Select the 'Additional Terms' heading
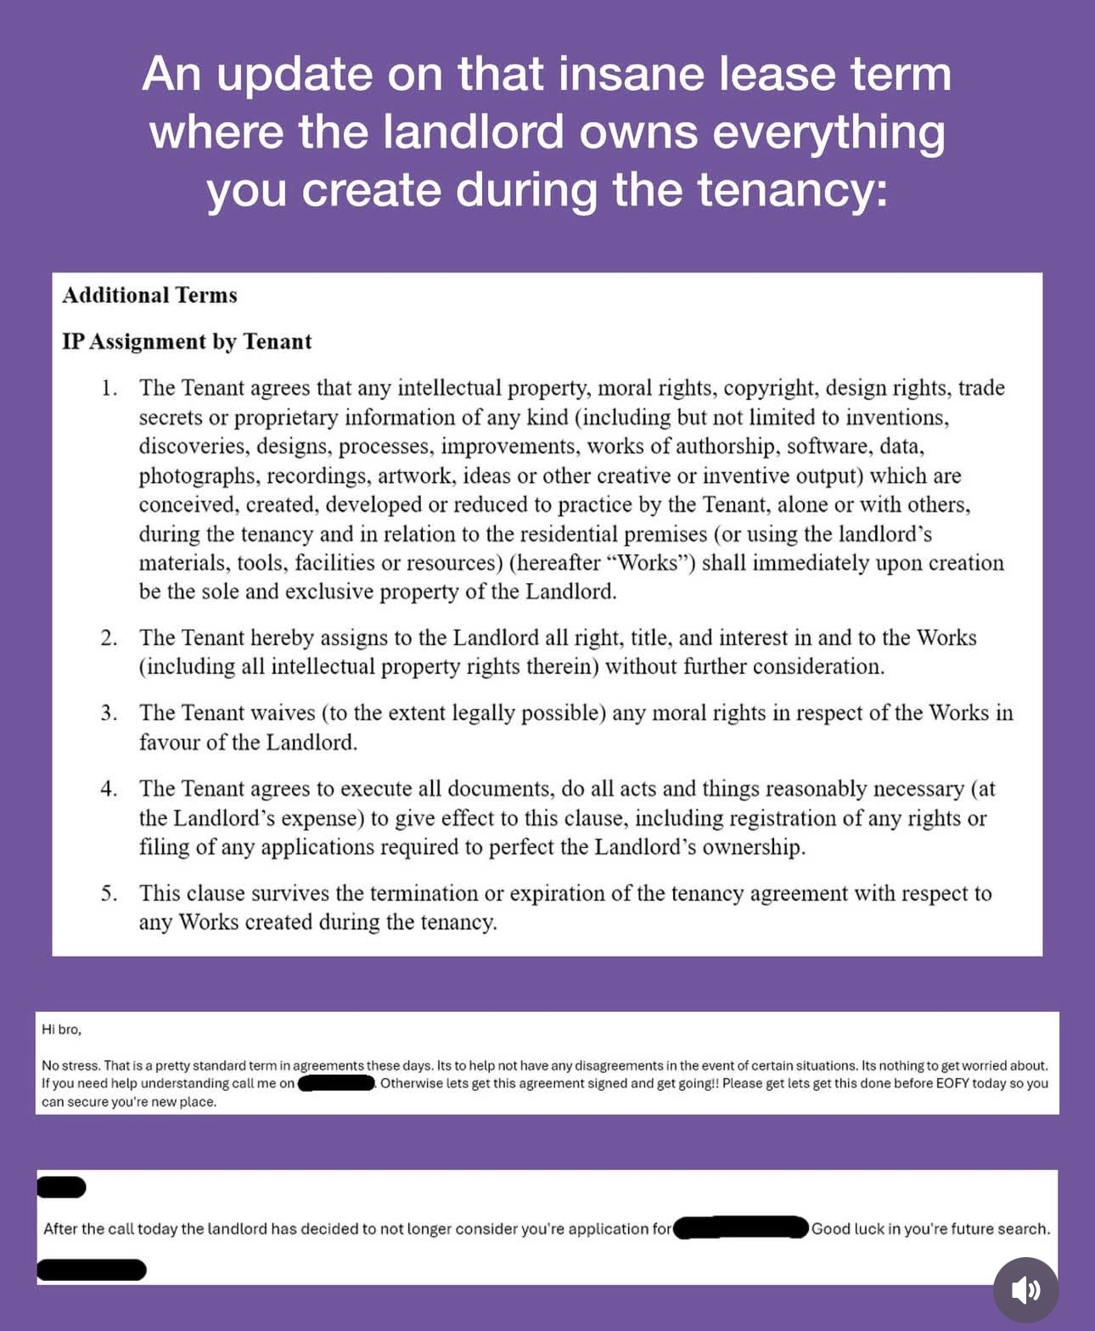tap(149, 295)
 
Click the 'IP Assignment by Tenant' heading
tap(187, 341)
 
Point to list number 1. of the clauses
tap(109, 388)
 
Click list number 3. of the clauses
tap(109, 713)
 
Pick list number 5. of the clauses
tap(109, 893)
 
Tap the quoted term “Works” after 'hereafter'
tap(652, 564)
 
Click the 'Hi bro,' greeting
tap(61, 1030)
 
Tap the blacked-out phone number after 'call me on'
tap(337, 1083)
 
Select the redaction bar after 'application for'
tap(740, 1228)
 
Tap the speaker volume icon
tap(1025, 1290)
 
